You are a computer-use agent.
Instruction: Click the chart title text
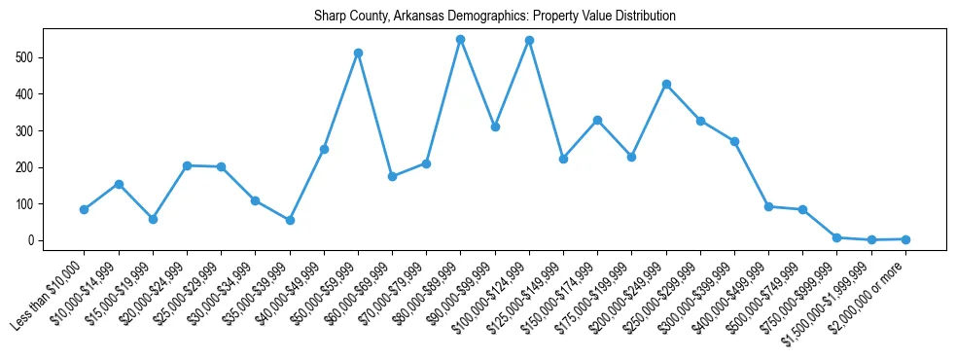[494, 17]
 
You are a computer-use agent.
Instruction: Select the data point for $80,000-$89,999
[460, 40]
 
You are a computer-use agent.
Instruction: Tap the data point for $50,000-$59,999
[358, 53]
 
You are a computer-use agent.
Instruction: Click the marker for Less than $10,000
[84, 209]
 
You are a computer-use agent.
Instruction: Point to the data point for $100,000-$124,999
[529, 41]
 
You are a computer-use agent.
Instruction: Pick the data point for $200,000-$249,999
[666, 84]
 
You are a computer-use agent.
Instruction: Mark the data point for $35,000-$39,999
[290, 220]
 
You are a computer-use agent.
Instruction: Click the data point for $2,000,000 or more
[905, 238]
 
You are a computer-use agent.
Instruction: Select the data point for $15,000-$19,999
[153, 219]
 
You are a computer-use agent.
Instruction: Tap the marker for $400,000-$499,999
[768, 206]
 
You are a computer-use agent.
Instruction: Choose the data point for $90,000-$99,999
[495, 126]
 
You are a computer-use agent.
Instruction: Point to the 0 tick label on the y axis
[32, 240]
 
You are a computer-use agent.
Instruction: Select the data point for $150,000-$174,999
[597, 120]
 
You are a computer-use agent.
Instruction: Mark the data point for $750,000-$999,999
[836, 237]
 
